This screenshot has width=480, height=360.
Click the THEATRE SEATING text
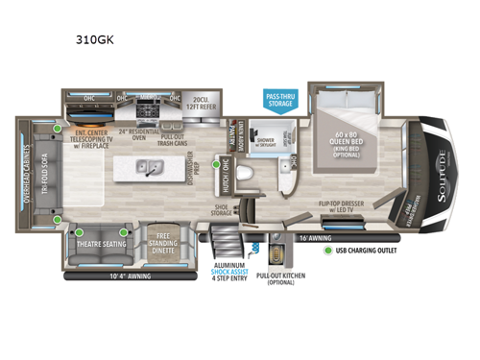tap(94, 243)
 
